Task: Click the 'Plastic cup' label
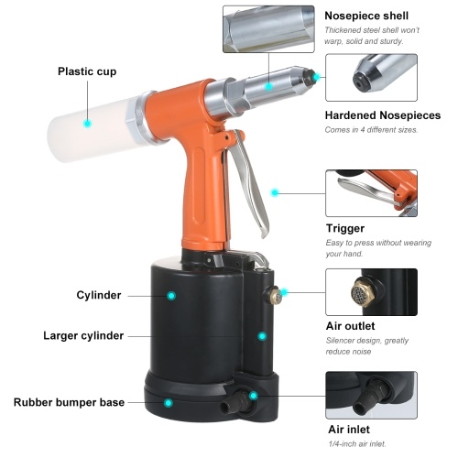click(x=87, y=71)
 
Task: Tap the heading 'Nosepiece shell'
click(x=366, y=16)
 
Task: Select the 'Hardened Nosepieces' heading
click(x=383, y=115)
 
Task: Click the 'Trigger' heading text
click(x=345, y=228)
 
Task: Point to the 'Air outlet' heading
click(x=350, y=326)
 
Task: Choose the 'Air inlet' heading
click(x=349, y=430)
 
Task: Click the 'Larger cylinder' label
click(x=83, y=336)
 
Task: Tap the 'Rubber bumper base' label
click(x=69, y=402)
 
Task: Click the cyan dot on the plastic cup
click(x=88, y=124)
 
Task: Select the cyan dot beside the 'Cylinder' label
click(x=171, y=296)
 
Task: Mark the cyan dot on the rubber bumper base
click(x=168, y=403)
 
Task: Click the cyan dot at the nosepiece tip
click(x=316, y=77)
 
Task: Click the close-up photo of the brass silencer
click(x=371, y=292)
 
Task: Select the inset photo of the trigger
click(x=371, y=193)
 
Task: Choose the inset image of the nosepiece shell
click(x=268, y=29)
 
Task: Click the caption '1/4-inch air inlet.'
click(x=357, y=444)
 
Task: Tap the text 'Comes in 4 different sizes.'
click(x=371, y=130)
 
